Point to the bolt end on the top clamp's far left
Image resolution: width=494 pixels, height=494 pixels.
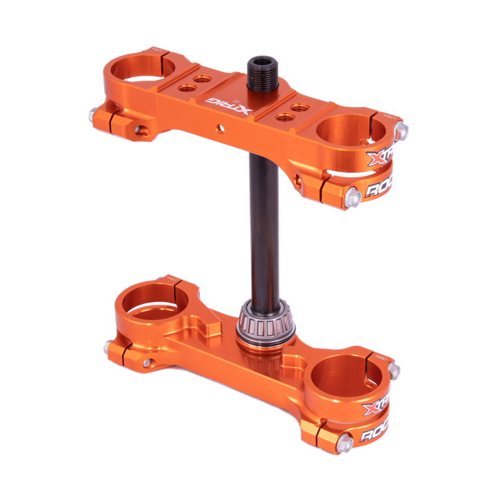(94, 114)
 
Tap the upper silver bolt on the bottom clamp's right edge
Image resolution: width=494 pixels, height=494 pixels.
(393, 371)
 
